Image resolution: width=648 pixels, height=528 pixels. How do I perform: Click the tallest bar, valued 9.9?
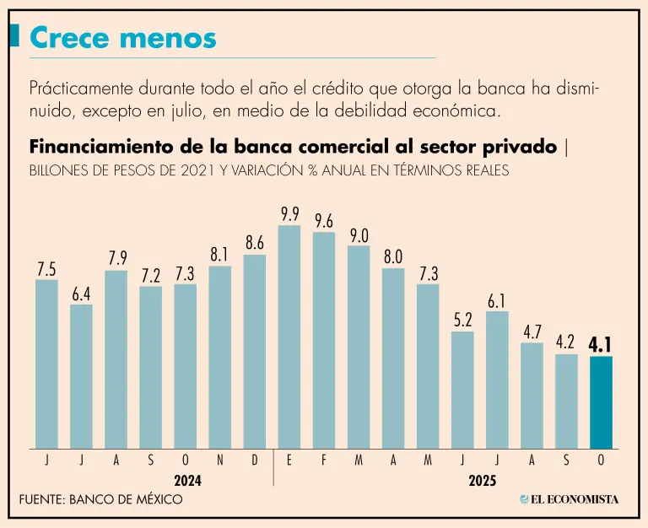289,337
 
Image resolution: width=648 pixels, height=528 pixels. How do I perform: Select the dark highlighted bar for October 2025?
601,402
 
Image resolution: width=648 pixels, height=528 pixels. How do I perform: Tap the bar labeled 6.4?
81,376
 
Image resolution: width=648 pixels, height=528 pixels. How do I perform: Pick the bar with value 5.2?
462,390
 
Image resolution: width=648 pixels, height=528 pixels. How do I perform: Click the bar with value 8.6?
255,352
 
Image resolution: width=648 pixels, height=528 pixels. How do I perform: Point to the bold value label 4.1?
601,343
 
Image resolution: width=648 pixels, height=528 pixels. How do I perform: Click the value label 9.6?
324,221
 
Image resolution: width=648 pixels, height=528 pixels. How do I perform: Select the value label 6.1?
497,301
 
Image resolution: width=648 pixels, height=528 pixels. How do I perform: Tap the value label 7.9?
116,257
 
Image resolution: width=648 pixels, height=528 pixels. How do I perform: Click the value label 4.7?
532,331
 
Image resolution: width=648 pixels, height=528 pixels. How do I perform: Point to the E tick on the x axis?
289,461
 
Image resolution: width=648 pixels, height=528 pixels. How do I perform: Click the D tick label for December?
255,461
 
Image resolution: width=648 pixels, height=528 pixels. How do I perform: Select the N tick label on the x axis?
220,461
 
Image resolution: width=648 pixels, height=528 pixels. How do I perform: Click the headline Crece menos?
122,37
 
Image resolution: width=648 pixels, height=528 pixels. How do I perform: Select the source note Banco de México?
100,499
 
